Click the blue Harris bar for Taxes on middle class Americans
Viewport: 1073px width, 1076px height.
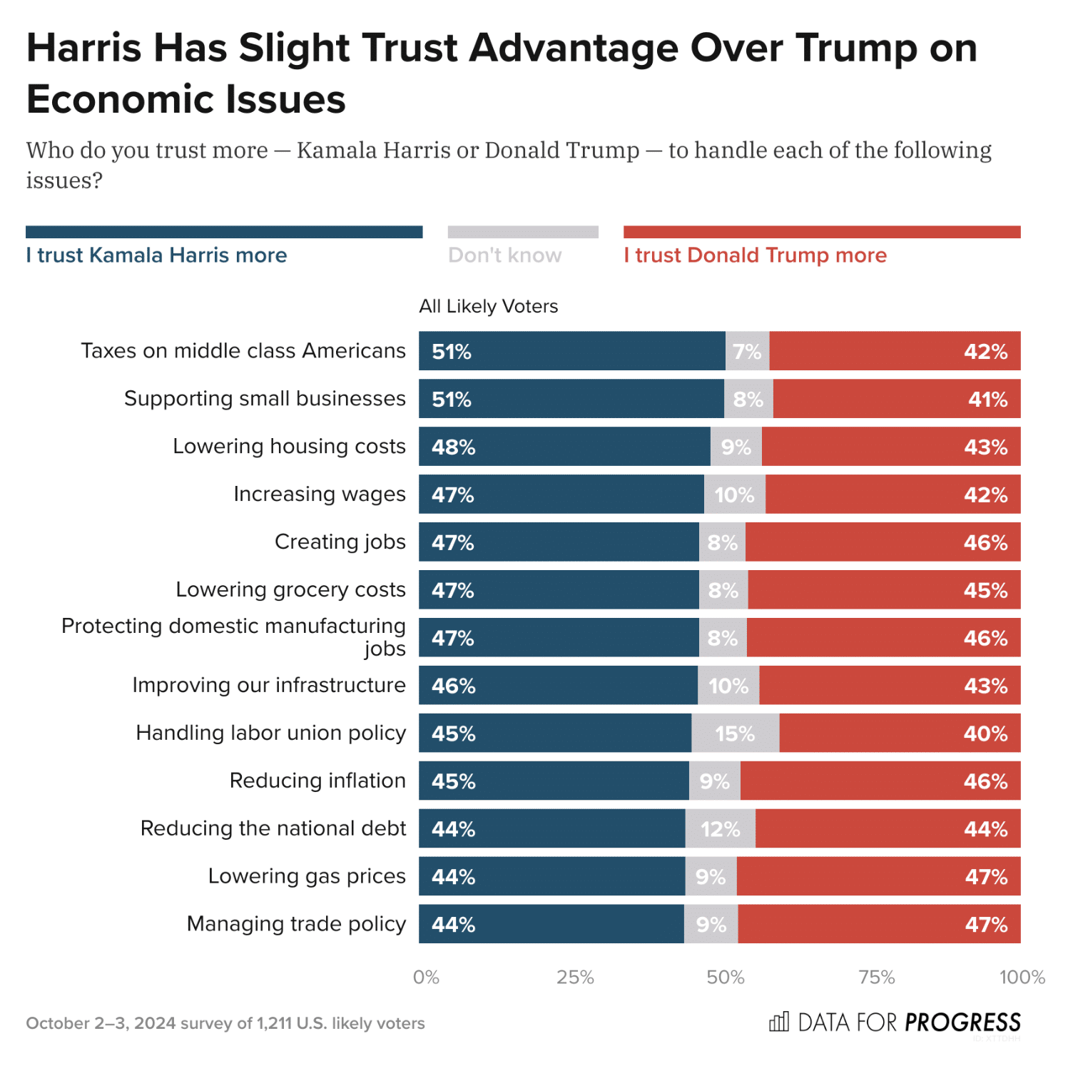point(571,351)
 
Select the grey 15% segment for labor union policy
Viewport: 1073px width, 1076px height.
point(735,733)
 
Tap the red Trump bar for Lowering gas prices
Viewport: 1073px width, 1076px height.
point(878,876)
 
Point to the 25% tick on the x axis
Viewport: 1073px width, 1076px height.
point(575,977)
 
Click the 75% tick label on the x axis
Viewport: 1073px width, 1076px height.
point(876,977)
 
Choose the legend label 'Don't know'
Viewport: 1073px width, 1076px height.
point(504,255)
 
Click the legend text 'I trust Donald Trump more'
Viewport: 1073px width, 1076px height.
point(755,255)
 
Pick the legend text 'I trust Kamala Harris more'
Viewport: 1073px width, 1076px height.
point(156,255)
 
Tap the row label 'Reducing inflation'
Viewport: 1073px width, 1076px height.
point(317,781)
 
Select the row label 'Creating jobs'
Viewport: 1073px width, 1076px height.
point(340,542)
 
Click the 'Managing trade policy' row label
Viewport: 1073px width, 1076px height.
point(296,924)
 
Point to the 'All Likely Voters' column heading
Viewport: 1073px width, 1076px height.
point(489,306)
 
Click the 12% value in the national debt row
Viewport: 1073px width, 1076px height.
point(721,829)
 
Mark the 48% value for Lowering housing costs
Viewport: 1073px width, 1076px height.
point(453,447)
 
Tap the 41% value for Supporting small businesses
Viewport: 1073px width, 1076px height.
point(987,400)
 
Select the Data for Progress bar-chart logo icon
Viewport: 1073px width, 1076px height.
point(779,1022)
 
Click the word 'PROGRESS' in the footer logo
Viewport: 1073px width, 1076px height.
point(962,1022)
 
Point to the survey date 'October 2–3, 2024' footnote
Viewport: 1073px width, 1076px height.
point(101,1023)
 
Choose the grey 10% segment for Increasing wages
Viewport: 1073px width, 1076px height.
point(735,494)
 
